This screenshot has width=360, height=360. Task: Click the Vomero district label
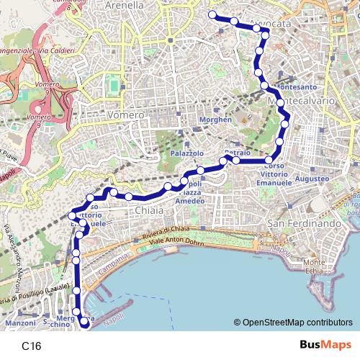(125, 114)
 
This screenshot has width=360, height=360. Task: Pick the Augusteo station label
(312, 177)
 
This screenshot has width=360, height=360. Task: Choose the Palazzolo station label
(187, 154)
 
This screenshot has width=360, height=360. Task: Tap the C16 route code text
(32, 346)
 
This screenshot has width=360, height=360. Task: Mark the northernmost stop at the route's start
(212, 14)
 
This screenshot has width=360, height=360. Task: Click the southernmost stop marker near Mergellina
(84, 323)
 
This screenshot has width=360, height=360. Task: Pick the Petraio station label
(237, 153)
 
